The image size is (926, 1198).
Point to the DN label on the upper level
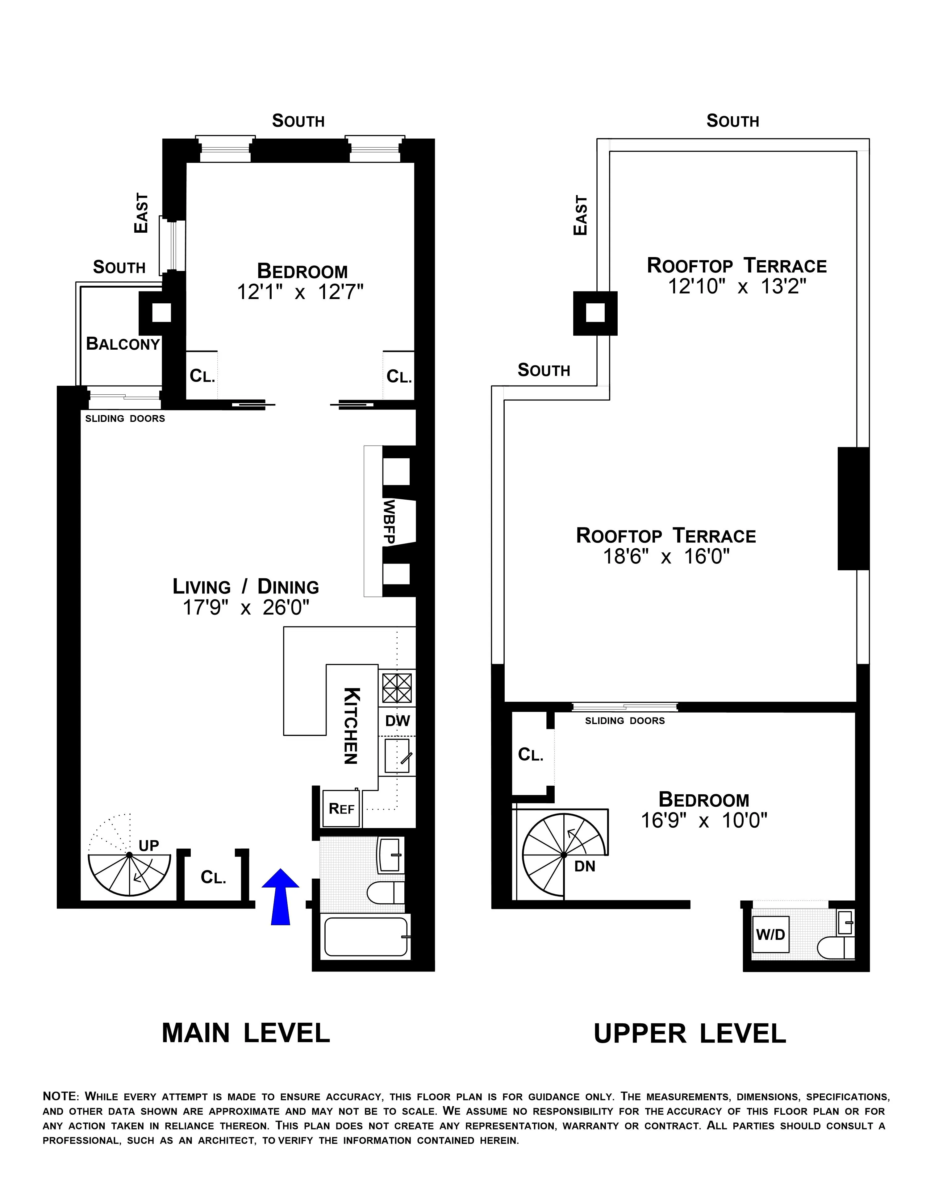point(585,867)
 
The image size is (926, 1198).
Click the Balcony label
point(123,344)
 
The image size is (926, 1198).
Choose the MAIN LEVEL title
point(246,1033)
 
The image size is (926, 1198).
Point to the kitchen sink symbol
point(396,756)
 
